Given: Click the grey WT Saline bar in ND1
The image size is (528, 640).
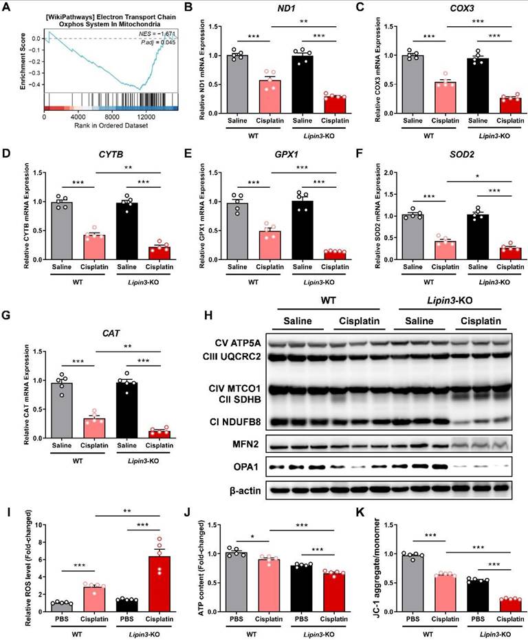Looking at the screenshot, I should (x=236, y=86).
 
